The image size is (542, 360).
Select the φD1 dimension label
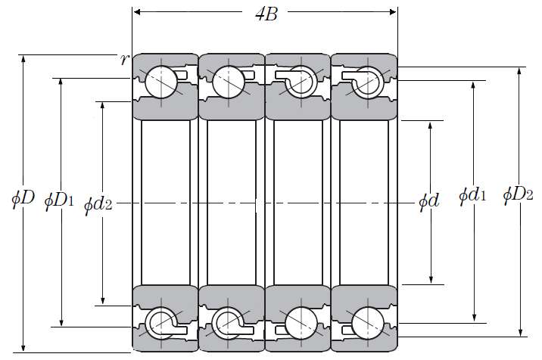pos(59,200)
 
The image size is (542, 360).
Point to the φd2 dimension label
pos(98,203)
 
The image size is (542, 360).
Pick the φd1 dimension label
pos(472,196)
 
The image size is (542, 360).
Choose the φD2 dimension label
pos(518,196)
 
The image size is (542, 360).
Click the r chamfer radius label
pos(125,60)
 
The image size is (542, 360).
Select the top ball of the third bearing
pos(298,82)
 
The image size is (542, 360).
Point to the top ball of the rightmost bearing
pos(366,79)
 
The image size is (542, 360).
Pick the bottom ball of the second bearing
pos(227,323)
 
